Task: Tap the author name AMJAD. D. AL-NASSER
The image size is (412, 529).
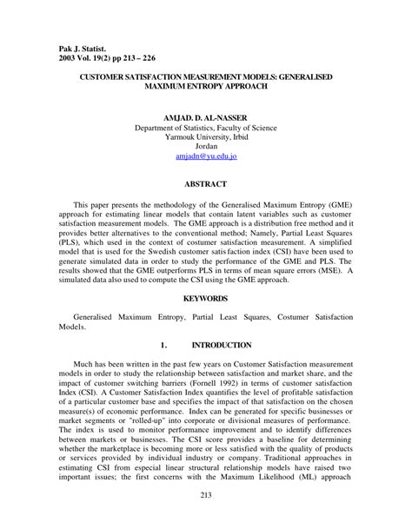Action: [205, 116]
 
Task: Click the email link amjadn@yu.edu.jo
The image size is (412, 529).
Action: [206, 158]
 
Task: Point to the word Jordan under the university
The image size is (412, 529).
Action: [206, 147]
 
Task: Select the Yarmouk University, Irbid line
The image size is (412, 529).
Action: [206, 136]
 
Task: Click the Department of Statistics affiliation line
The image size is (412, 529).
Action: [206, 127]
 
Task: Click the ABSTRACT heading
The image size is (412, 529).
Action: [206, 184]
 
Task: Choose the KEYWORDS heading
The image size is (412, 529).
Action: [206, 298]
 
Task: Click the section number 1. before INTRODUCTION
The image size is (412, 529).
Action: [163, 345]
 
